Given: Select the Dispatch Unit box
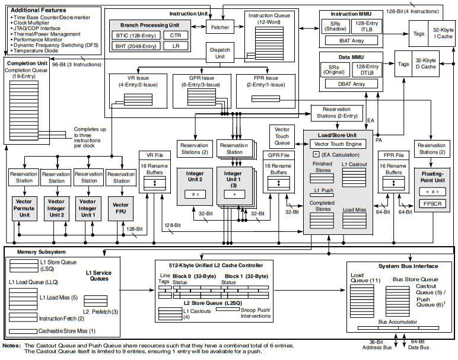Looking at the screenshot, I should [x=220, y=54].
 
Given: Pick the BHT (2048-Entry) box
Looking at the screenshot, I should [x=135, y=46].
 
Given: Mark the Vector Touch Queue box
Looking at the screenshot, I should [x=282, y=136].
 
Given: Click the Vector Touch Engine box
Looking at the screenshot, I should [x=338, y=144].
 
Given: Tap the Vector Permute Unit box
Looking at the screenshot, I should [x=24, y=208].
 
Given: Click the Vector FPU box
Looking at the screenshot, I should [x=120, y=208].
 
